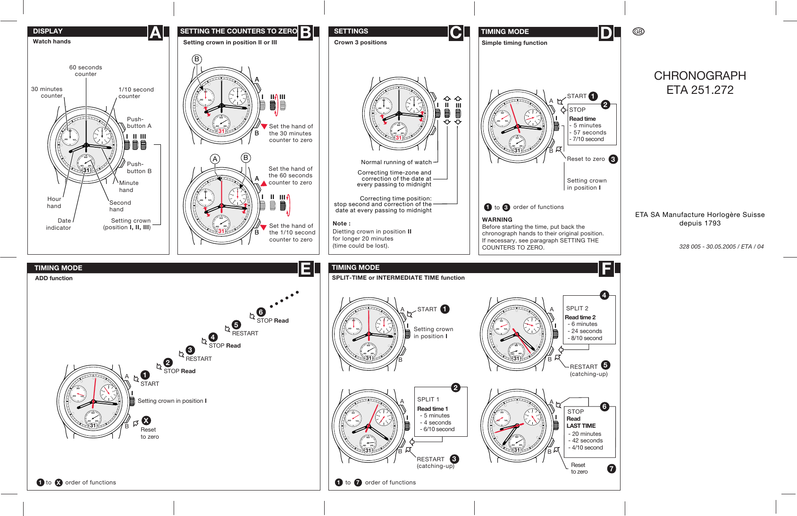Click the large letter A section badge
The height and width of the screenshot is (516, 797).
pyautogui.click(x=155, y=33)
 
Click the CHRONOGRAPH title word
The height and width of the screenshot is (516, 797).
pyautogui.click(x=699, y=75)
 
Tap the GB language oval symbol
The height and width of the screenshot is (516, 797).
pyautogui.click(x=638, y=32)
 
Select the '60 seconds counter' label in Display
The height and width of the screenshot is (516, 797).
pyautogui.click(x=85, y=70)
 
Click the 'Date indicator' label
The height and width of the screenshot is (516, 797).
pyautogui.click(x=59, y=224)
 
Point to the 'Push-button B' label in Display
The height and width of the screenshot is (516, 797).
pyautogui.click(x=139, y=167)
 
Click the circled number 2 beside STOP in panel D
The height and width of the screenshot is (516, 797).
pyautogui.click(x=605, y=105)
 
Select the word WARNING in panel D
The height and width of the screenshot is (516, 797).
pyautogui.click(x=497, y=219)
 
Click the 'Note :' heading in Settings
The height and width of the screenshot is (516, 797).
pyautogui.click(x=341, y=224)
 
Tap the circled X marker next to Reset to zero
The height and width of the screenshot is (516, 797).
pyautogui.click(x=146, y=420)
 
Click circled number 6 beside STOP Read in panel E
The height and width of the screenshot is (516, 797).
pyautogui.click(x=261, y=312)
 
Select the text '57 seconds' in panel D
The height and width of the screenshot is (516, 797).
pyautogui.click(x=589, y=133)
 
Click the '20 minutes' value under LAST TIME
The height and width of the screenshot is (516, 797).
pyautogui.click(x=586, y=434)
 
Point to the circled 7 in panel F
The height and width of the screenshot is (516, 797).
pyautogui.click(x=612, y=468)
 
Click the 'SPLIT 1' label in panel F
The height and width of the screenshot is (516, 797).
pyautogui.click(x=428, y=399)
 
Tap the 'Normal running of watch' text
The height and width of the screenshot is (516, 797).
pyautogui.click(x=396, y=162)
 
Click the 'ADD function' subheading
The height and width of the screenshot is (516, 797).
pyautogui.click(x=54, y=278)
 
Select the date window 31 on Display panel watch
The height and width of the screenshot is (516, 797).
pyautogui.click(x=86, y=170)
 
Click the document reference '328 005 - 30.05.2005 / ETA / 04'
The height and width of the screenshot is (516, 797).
pyautogui.click(x=721, y=246)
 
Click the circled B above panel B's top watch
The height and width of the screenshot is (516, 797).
pyautogui.click(x=197, y=59)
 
